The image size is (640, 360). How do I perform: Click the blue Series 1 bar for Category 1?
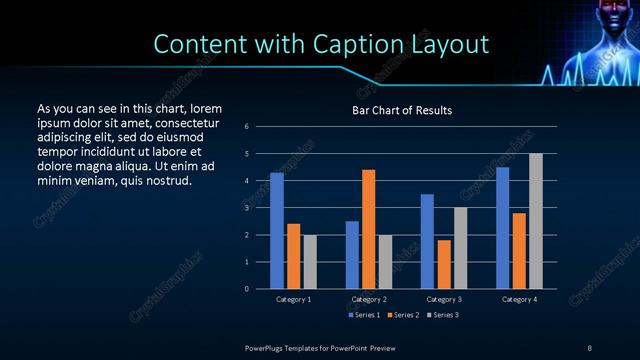pos(277,231)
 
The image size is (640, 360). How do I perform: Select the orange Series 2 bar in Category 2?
pos(369,229)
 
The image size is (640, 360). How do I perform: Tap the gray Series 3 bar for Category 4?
pos(535,221)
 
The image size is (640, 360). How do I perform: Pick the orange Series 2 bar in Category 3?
pos(444,264)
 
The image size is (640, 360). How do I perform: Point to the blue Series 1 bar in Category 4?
pos(503,228)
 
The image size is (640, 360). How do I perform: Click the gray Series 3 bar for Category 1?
pos(309,262)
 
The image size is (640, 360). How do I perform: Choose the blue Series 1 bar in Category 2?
pos(352,255)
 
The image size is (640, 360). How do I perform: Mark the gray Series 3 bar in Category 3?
pos(460,248)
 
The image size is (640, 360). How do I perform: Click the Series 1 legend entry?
pos(364,315)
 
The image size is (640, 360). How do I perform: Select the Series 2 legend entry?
pos(401,315)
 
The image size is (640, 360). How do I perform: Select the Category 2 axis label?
pos(369,299)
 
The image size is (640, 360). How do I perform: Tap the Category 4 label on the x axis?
pos(519,299)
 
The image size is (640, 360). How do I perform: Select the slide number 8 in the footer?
pos(589,347)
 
